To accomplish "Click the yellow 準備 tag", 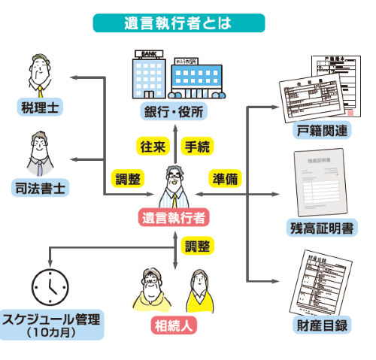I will tap(226, 179).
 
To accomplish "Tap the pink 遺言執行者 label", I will tap(174, 218).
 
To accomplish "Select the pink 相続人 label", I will tap(174, 325).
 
